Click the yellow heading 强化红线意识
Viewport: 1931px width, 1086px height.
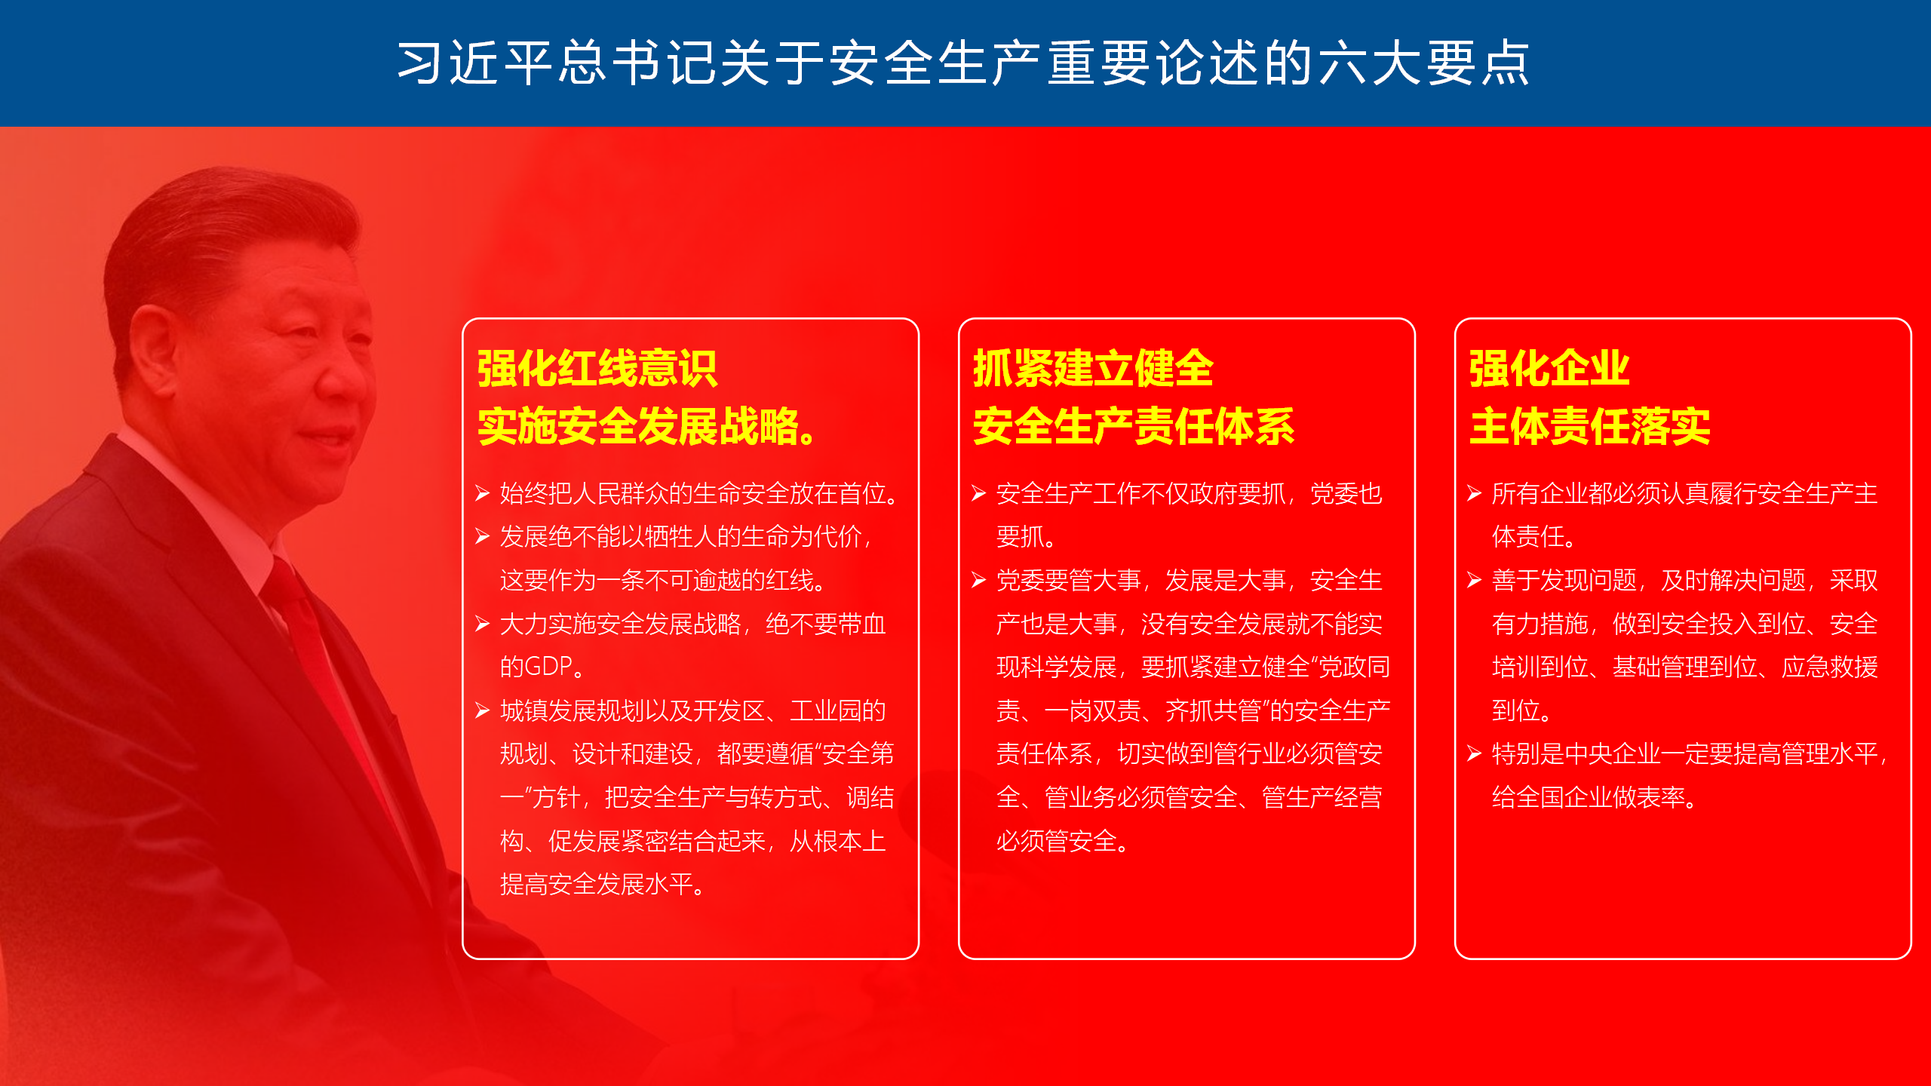point(597,369)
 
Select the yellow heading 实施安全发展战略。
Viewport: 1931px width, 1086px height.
point(646,427)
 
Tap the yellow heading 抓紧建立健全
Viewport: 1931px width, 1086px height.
point(1093,369)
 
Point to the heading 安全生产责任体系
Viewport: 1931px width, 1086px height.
point(1134,427)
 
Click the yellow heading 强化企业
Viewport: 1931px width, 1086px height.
point(1549,369)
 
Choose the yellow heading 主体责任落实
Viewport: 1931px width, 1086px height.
point(1589,427)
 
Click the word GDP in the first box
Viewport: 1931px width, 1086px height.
point(548,667)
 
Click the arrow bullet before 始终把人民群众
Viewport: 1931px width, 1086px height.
point(483,494)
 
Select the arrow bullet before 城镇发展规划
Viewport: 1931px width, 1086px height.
point(483,711)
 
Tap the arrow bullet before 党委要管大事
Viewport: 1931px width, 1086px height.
point(979,581)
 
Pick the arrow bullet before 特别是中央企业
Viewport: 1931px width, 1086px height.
point(1475,754)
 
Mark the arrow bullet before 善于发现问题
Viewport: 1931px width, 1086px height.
point(1475,581)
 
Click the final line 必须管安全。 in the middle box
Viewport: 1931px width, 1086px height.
point(1063,841)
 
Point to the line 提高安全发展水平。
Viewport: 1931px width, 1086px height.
point(603,885)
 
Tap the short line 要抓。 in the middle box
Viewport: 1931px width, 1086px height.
point(1027,537)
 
